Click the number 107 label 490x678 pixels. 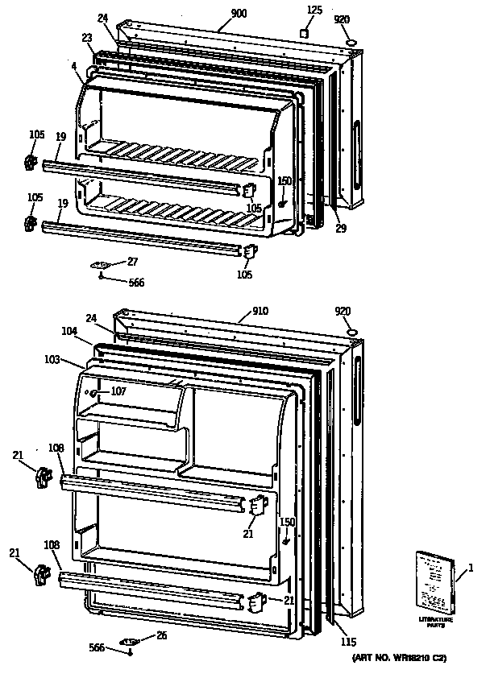click(118, 392)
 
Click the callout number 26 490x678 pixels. click(161, 635)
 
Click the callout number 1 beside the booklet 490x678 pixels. click(471, 570)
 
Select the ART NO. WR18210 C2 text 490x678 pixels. click(399, 659)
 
